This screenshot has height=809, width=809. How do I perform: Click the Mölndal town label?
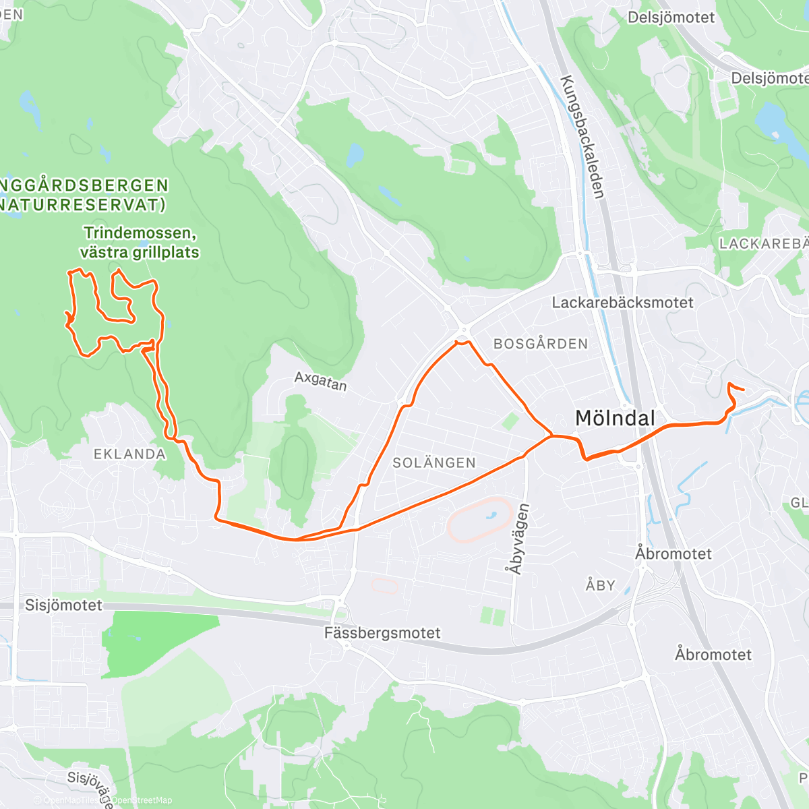coord(615,418)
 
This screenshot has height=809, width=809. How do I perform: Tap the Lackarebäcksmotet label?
coord(622,303)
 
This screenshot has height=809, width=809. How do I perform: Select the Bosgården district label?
coord(541,344)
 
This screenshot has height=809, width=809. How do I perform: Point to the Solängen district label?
coord(434,462)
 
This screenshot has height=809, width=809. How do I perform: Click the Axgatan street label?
coord(320,382)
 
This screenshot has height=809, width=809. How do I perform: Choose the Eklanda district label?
coord(129,454)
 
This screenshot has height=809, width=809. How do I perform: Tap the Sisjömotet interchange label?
coord(63,605)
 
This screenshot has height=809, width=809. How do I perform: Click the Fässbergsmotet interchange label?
coord(382,633)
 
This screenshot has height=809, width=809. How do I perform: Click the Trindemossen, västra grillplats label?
coord(140,243)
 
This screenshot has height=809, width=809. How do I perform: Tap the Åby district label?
coord(600,585)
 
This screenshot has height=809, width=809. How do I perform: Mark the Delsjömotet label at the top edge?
coord(671,18)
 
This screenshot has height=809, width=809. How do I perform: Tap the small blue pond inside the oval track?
coord(490,516)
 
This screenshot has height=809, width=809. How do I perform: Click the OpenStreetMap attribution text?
coord(142,800)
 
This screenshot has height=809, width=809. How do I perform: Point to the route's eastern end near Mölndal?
coord(742,389)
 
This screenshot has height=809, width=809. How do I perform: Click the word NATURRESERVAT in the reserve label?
coord(82,205)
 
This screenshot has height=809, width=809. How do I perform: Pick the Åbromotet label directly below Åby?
coord(713,655)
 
